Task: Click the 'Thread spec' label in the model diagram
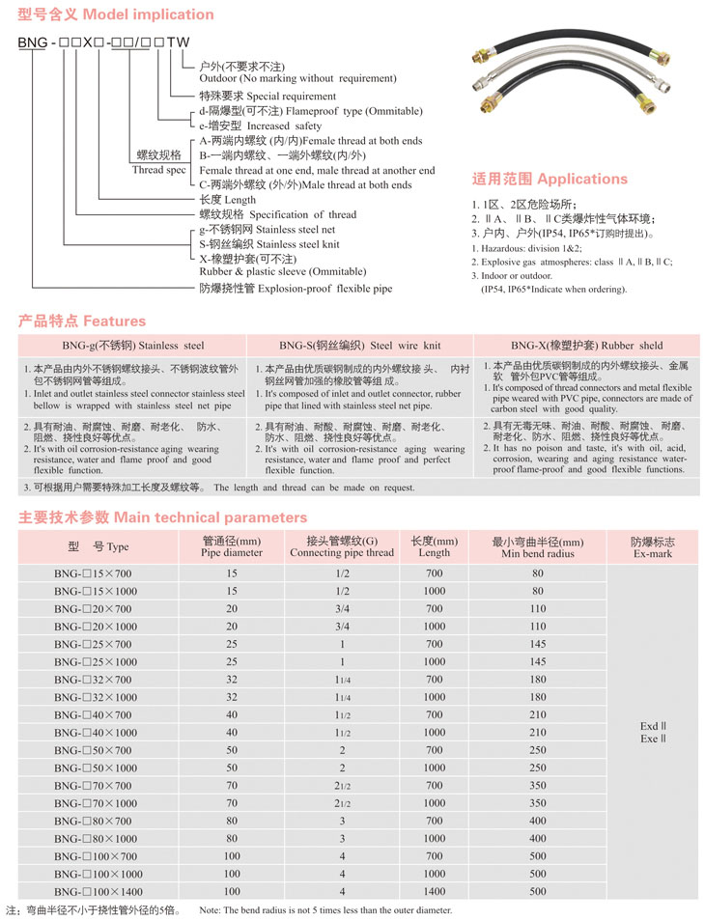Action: [x=158, y=170]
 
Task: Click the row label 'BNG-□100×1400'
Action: [x=97, y=891]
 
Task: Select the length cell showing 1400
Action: [x=435, y=891]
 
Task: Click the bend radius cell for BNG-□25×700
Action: [x=538, y=644]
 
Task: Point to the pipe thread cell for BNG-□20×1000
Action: [x=342, y=627]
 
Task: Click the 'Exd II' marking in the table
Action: [x=654, y=726]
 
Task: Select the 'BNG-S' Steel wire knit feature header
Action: [x=359, y=345]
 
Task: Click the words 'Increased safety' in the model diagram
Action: [x=285, y=126]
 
